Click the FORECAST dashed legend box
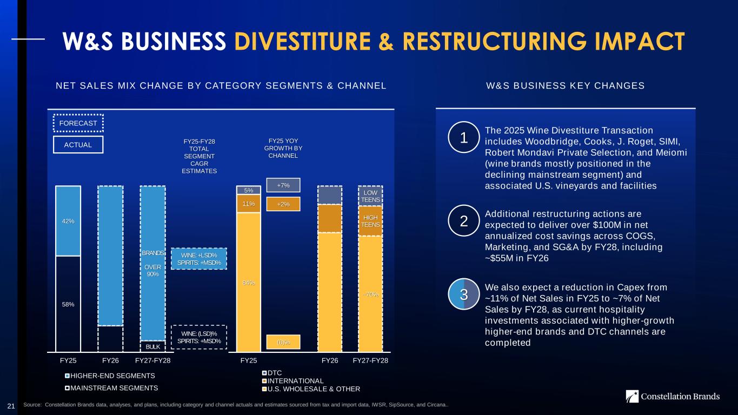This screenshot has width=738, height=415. [x=78, y=123]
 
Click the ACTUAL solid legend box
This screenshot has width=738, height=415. [x=78, y=145]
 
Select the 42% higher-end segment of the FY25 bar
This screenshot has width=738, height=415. [x=68, y=221]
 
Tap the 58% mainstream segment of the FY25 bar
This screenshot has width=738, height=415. [x=68, y=304]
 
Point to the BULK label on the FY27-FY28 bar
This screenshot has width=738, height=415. [x=152, y=346]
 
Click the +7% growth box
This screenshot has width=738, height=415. [x=283, y=185]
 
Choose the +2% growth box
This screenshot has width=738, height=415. [x=283, y=204]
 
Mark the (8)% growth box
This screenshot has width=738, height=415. [x=283, y=342]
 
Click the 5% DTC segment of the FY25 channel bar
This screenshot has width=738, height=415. [x=249, y=190]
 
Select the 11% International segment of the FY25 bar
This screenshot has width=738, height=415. [x=249, y=204]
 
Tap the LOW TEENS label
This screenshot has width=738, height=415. [x=370, y=196]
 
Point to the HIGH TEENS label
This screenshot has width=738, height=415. [x=370, y=221]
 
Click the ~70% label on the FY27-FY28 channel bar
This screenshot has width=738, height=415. [x=370, y=294]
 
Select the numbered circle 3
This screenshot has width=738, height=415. [x=463, y=294]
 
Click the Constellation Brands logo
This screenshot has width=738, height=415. [x=673, y=397]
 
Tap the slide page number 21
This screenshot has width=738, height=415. [x=11, y=405]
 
